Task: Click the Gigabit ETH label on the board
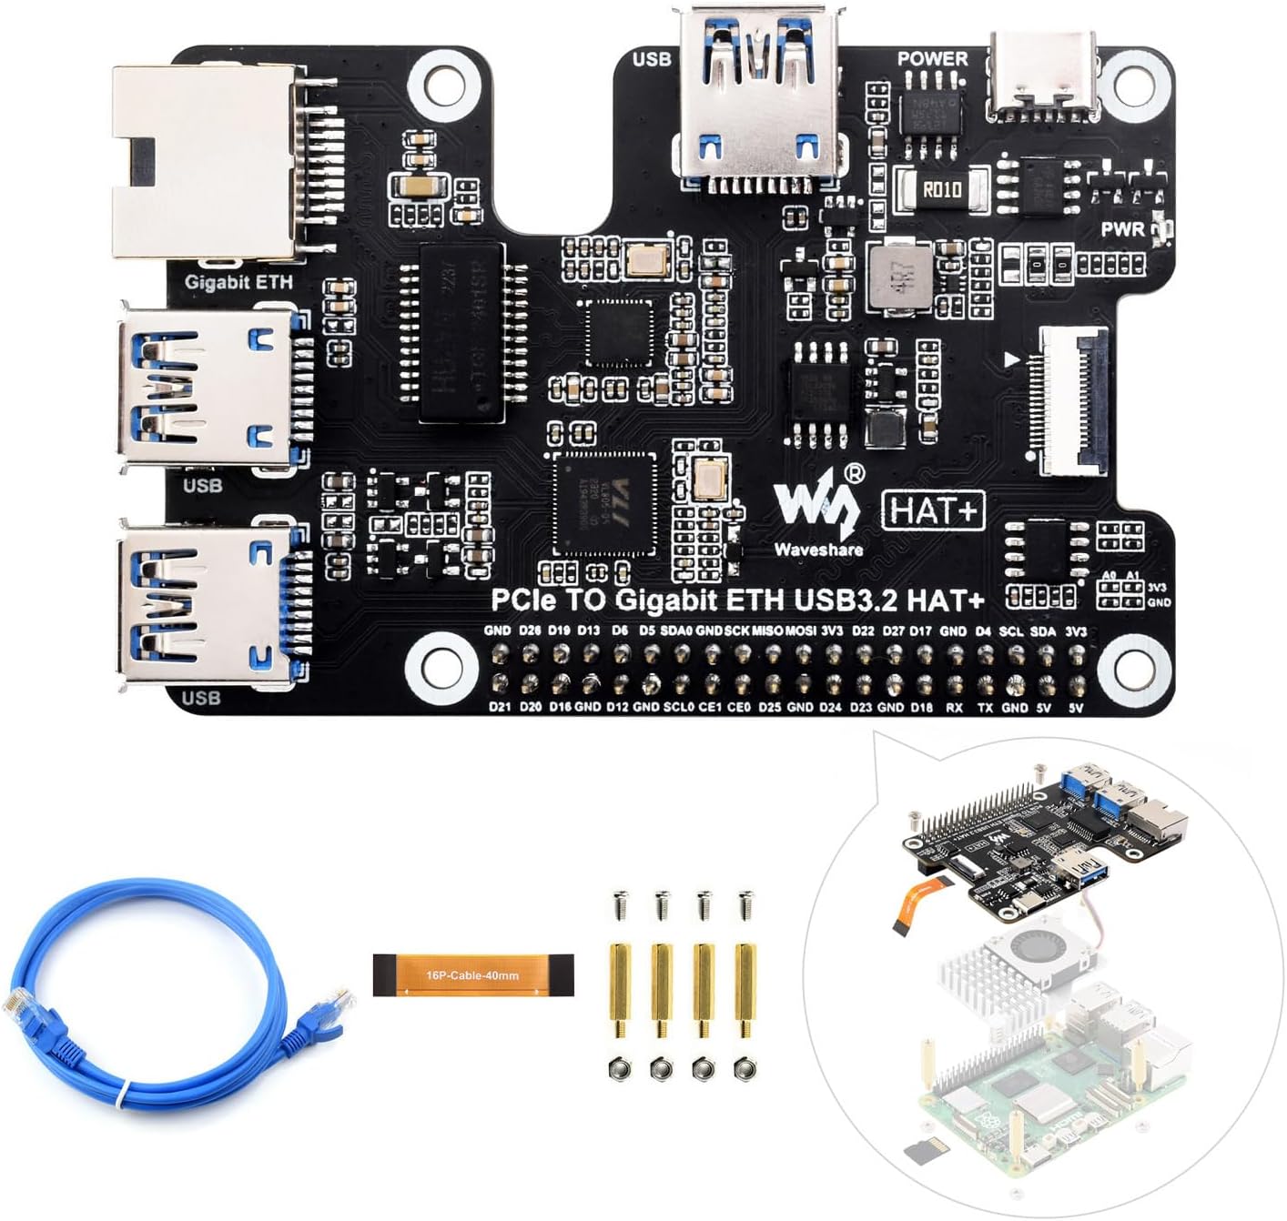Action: click(x=238, y=282)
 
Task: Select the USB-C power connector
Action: click(x=1043, y=76)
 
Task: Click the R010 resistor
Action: click(x=941, y=190)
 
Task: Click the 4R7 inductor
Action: click(x=898, y=274)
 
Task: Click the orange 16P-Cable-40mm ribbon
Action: click(x=473, y=975)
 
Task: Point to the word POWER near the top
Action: click(x=932, y=58)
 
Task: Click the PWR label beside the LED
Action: click(x=1122, y=229)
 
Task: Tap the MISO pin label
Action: click(x=766, y=631)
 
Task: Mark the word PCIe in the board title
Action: click(x=519, y=600)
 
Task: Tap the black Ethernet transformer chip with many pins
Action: click(x=462, y=332)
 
